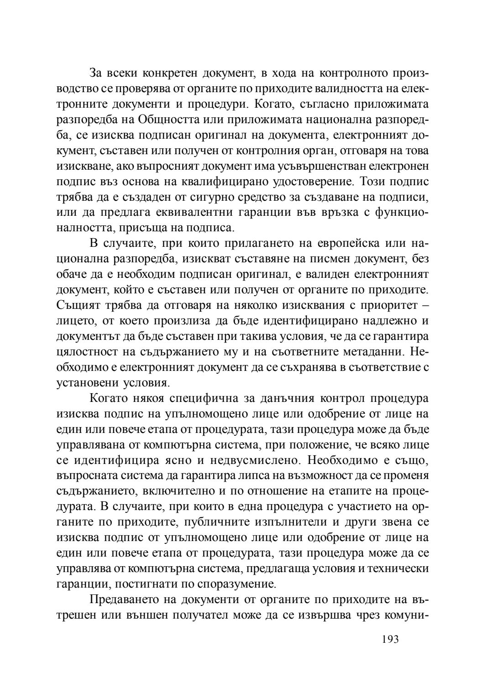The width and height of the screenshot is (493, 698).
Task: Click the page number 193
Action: tap(390, 639)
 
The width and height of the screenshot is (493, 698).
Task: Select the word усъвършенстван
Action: tap(304, 166)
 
